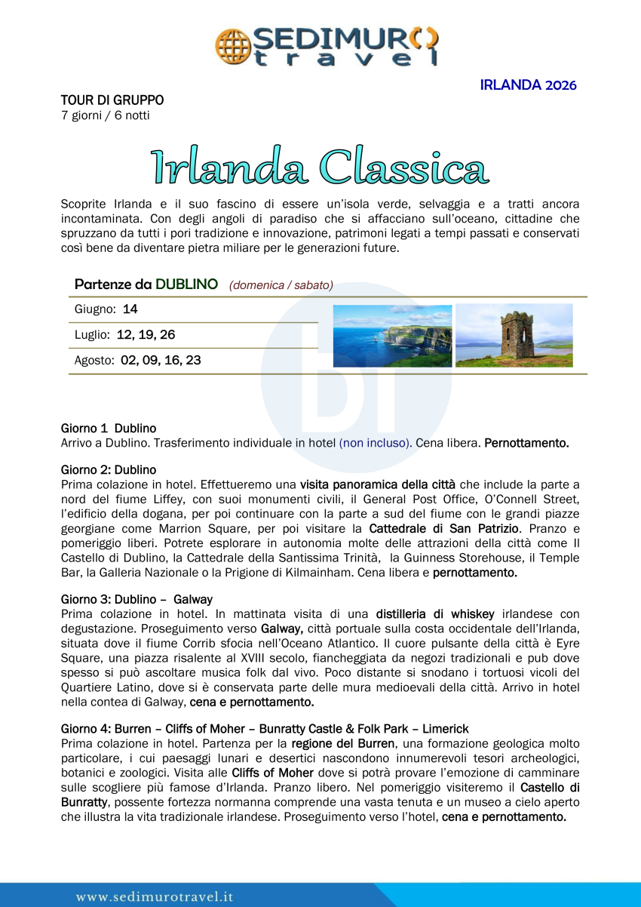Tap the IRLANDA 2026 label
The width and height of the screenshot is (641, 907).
(x=528, y=85)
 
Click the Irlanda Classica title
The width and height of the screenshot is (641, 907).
(x=320, y=167)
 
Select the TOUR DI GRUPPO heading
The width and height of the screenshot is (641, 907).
(x=112, y=100)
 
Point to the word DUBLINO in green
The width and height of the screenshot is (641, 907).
(x=187, y=284)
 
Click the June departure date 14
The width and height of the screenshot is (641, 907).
(x=130, y=309)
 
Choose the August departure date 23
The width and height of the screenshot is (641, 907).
(x=193, y=361)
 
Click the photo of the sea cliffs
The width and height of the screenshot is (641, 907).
(x=392, y=336)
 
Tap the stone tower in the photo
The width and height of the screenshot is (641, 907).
(x=517, y=334)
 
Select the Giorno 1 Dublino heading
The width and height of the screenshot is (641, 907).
(x=109, y=429)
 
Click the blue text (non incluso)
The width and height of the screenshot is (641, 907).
(x=376, y=443)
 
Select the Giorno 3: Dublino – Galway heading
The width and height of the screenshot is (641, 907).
(x=136, y=600)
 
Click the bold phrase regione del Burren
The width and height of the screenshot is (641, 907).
(x=342, y=743)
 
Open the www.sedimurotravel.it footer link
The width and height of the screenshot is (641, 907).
(x=155, y=897)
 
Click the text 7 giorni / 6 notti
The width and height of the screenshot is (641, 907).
(x=106, y=115)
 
